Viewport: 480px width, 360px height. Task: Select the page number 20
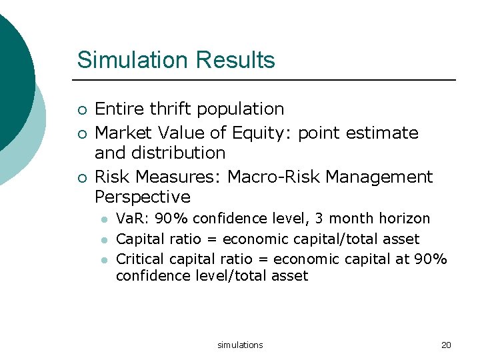(446, 345)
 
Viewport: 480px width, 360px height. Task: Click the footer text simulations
(240, 345)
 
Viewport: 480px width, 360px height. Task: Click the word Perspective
(142, 197)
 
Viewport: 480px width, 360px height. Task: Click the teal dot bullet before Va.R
(103, 219)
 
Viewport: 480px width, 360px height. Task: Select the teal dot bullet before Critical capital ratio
(103, 259)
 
